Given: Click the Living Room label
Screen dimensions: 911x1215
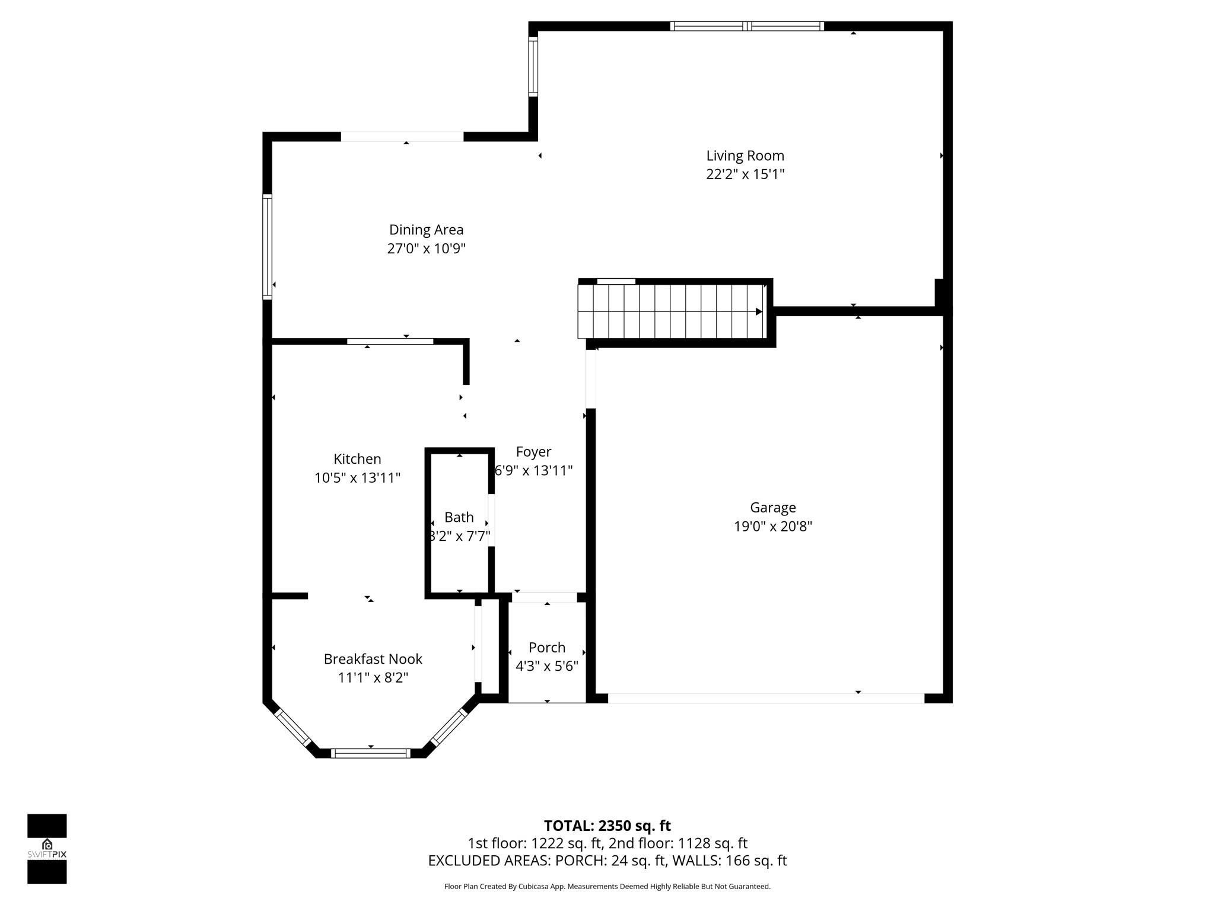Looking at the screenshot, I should pos(745,156).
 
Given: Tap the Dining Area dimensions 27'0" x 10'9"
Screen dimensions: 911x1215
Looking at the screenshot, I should pos(426,249).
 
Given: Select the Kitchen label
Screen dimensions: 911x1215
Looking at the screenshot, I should pos(357,459).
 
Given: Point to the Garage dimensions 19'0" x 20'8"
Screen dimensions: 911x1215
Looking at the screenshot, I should pos(772,527).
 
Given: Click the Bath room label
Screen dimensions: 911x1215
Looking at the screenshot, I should pos(459,517).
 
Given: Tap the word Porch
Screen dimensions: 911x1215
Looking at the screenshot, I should pos(546,648).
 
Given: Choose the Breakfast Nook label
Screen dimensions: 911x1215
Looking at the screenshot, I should pos(373,659).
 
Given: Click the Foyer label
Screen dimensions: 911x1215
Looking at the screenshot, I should pos(533,452).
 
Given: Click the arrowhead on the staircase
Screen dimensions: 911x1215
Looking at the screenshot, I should pos(759,312).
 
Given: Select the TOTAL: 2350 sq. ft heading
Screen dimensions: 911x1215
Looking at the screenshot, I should pos(607,826).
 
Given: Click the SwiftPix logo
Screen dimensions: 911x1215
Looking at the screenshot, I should pos(47,849).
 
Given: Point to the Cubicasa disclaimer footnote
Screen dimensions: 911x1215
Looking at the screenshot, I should pos(607,887).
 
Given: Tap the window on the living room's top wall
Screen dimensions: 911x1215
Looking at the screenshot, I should pos(747,26).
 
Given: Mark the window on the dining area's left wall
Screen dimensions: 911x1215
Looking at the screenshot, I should pos(268,247).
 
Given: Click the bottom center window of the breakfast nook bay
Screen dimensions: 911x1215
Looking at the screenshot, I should pos(370,753).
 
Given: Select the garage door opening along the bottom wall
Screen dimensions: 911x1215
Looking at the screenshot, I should pos(765,699).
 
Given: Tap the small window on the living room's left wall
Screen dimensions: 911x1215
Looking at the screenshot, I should pos(533,66).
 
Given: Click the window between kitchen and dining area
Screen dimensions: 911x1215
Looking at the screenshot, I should pos(390,341).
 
